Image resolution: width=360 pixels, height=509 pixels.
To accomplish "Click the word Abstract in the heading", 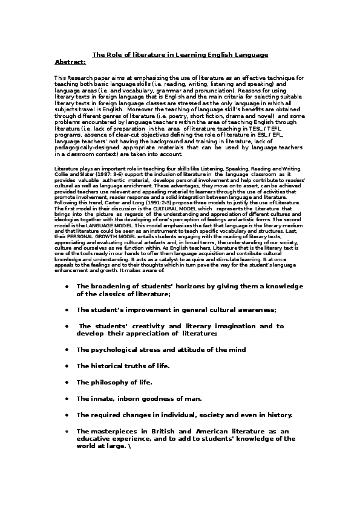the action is click(x=70, y=62).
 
